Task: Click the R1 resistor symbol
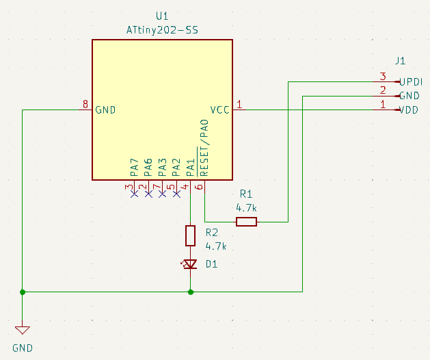246,221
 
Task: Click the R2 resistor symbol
191,236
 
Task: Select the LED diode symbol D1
191,264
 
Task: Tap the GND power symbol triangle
23,328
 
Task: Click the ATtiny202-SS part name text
163,30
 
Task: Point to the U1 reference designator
162,16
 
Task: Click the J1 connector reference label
400,60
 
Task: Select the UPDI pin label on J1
412,81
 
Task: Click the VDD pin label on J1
409,110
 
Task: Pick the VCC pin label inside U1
219,110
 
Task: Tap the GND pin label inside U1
105,110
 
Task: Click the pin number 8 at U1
85,105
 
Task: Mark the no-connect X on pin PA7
134,194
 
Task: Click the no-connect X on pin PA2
176,194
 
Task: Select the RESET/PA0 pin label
204,146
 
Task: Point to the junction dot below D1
191,292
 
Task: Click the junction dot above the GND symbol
23,292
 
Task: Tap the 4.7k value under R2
216,246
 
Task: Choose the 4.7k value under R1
247,207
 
